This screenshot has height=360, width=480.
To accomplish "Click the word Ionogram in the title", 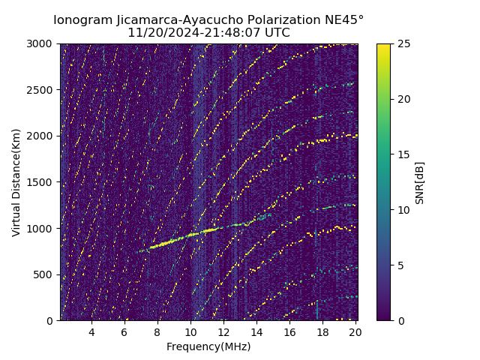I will click(x=82, y=19).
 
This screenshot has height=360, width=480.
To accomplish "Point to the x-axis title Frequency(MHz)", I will click(x=208, y=346).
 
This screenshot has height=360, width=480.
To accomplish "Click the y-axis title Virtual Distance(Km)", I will click(x=16, y=182).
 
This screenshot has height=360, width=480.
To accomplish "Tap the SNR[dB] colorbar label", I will click(x=419, y=182).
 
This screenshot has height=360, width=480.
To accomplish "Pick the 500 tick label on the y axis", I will click(x=45, y=274).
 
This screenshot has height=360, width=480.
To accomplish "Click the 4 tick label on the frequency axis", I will click(x=91, y=332).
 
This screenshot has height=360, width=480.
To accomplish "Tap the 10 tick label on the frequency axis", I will click(x=190, y=332).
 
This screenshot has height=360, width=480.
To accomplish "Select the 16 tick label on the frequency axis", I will click(x=289, y=332).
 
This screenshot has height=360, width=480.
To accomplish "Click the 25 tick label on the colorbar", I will click(x=403, y=43).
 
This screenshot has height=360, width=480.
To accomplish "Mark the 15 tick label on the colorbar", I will click(x=403, y=154).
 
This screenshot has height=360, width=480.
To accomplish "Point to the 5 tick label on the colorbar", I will click(x=400, y=265).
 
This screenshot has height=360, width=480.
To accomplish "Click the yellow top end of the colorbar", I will click(x=383, y=46).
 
